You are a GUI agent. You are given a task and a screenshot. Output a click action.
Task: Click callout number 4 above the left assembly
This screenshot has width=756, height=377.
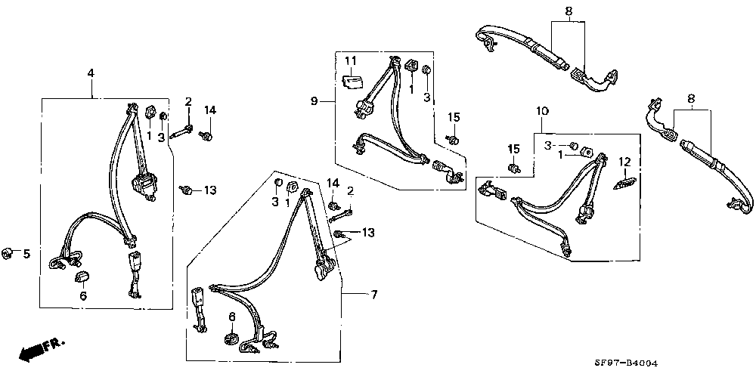tap(91, 73)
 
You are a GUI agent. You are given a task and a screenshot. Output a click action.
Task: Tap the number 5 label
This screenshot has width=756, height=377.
tap(26, 253)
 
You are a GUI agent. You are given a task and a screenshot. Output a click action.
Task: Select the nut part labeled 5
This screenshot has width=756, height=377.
tap(8, 253)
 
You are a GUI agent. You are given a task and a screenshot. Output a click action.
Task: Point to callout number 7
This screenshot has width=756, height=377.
tap(374, 295)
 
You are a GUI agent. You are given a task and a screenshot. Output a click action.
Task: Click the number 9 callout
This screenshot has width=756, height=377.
tap(314, 101)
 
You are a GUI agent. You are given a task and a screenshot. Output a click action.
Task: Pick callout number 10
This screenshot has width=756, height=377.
tap(542, 111)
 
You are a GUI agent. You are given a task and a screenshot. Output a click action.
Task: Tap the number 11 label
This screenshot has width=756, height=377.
tap(351, 60)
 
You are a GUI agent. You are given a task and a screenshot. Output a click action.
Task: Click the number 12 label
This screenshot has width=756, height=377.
tap(625, 161)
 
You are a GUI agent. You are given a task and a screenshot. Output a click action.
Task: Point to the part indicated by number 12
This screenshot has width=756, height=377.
tap(624, 184)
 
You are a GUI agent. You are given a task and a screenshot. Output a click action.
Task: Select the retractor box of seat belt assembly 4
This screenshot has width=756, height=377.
tap(144, 187)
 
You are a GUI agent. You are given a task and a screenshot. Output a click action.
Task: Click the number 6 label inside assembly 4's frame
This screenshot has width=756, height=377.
tap(83, 295)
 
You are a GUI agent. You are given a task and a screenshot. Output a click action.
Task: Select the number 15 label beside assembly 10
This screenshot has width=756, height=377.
tap(514, 148)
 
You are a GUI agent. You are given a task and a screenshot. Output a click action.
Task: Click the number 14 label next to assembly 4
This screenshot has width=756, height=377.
tap(209, 110)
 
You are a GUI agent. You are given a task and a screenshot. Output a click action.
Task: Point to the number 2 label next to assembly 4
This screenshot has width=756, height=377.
tap(188, 101)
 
